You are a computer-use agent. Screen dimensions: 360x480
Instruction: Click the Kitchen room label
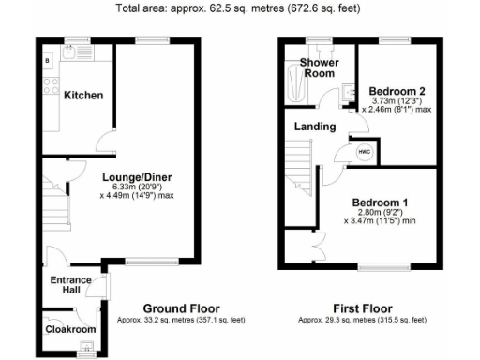(83, 96)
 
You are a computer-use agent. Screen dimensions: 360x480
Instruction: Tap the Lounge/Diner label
(137, 175)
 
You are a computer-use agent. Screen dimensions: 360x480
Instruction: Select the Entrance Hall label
(71, 285)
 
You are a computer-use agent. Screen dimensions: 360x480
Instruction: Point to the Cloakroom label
(71, 329)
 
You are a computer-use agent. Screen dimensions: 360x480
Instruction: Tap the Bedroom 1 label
(380, 202)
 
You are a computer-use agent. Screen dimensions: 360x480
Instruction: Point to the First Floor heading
(362, 308)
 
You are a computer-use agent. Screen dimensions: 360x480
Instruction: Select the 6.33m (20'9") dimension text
(137, 187)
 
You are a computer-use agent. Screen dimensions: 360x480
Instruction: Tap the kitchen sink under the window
(72, 54)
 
